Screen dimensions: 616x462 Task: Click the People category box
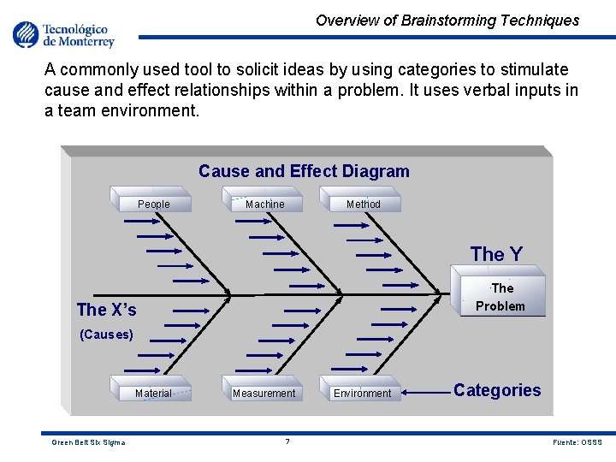pos(153,203)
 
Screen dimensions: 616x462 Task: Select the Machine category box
pos(264,203)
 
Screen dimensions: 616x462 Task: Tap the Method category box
pos(363,203)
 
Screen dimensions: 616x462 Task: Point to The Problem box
pos(500,297)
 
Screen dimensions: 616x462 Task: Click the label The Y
pos(496,253)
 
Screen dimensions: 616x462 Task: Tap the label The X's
pos(106,309)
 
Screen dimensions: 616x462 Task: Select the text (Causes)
pos(106,335)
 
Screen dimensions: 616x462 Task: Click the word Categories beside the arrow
pos(497,390)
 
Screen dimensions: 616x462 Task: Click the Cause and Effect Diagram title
pos(304,171)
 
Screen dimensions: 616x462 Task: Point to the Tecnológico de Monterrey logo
pos(63,35)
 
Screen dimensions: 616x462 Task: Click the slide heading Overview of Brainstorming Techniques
pos(447,21)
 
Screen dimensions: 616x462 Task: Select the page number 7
pos(287,441)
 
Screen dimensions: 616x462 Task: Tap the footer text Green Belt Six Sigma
pos(88,442)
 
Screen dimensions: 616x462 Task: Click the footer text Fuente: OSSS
pos(577,442)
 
